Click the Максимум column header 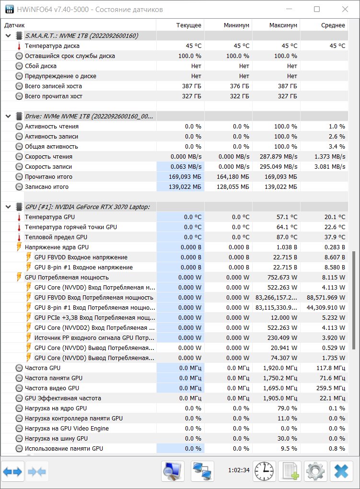[x=283, y=25]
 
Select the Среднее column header [x=333, y=25]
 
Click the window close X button [x=345, y=9]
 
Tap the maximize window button [x=317, y=9]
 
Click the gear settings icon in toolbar [x=315, y=471]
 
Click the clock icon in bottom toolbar [x=264, y=471]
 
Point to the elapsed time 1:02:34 [x=239, y=470]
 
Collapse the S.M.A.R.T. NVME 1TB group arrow [x=9, y=36]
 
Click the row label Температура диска [x=52, y=46]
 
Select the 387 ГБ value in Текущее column [x=192, y=86]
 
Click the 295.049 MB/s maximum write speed [x=279, y=166]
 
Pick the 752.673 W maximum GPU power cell [x=282, y=277]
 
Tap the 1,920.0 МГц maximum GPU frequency [x=280, y=368]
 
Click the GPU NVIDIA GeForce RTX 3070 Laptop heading [x=87, y=207]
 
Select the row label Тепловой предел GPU [x=56, y=237]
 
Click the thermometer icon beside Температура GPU [x=19, y=217]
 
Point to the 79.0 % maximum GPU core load [x=287, y=408]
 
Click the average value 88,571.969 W [x=326, y=298]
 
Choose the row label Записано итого [x=47, y=187]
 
